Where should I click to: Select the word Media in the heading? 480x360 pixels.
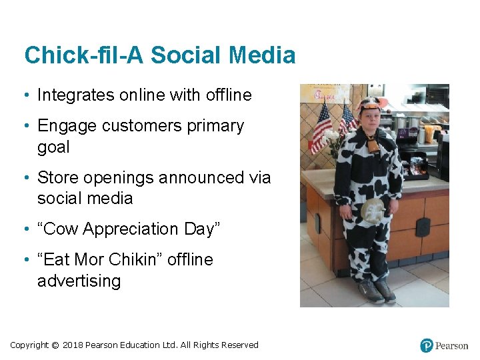[264, 55]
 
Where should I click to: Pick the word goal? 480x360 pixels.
[53, 147]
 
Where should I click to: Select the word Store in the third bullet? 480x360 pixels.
[57, 178]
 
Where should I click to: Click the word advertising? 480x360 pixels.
[79, 281]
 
